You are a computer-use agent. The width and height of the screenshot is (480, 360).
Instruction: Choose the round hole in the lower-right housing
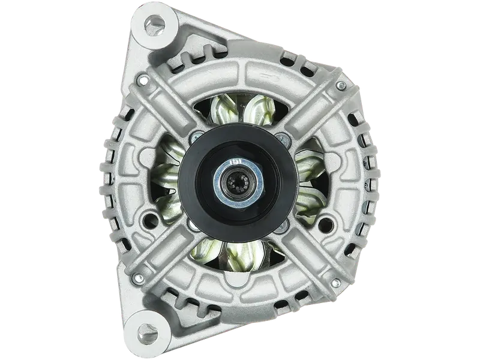327,225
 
